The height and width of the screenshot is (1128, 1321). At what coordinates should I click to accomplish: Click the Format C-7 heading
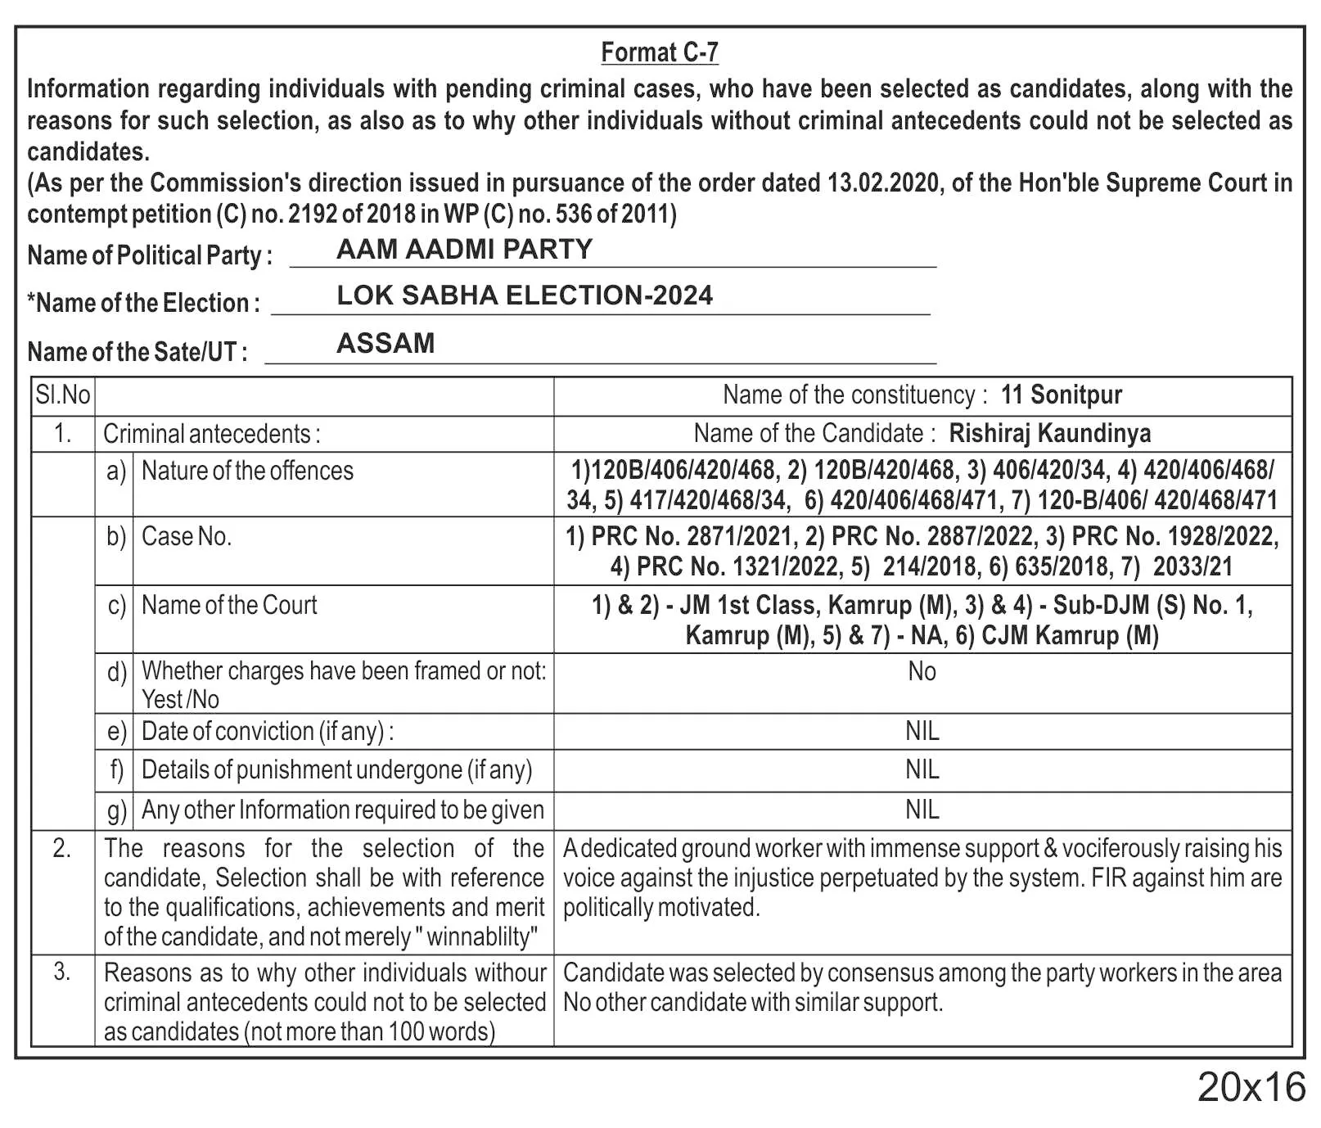coord(660,52)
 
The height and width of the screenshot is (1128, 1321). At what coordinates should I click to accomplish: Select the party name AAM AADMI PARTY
coord(464,249)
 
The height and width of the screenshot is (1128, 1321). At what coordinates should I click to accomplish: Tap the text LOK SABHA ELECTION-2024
coord(525,296)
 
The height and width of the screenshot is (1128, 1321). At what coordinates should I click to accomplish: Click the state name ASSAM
coord(385,343)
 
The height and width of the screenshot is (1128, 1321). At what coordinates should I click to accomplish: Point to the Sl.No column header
coord(63,395)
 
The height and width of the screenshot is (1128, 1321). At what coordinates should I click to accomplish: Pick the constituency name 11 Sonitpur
coord(1061,395)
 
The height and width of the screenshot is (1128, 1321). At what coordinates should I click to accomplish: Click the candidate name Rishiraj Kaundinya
coord(1049,433)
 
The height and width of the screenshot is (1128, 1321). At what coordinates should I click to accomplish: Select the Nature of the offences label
coord(247,472)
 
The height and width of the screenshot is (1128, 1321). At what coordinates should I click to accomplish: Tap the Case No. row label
coord(187,537)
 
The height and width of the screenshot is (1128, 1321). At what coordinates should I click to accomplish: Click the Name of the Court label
coord(229,606)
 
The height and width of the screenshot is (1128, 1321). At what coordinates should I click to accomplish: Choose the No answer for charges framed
coord(922,672)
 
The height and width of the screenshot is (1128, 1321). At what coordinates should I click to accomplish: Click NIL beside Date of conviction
coord(922,731)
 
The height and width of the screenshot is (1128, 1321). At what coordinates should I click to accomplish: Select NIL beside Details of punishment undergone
coord(922,769)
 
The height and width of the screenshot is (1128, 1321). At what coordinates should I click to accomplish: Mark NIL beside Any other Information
coord(922,810)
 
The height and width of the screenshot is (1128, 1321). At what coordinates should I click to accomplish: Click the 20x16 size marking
coord(1251,1088)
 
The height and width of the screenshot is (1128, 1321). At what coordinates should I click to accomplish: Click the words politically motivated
coord(661,908)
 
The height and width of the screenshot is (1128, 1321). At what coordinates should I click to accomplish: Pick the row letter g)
coord(116,810)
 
